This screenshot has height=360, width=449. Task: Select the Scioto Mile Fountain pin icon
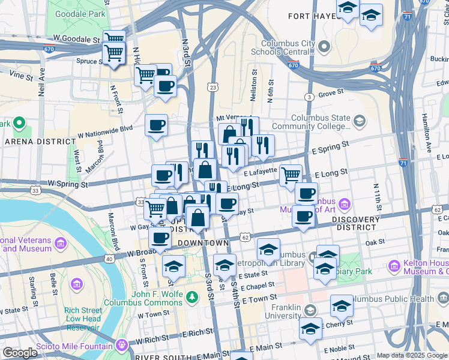pyautogui.click(x=122, y=346)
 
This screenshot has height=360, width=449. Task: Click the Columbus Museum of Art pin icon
pyautogui.click(x=345, y=204)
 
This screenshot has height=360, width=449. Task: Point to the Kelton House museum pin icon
pyautogui.click(x=394, y=265)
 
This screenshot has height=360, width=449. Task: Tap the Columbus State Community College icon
pyautogui.click(x=359, y=121)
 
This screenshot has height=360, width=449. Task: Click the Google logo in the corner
pyautogui.click(x=20, y=353)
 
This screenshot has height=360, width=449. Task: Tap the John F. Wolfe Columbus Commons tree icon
pyautogui.click(x=191, y=297)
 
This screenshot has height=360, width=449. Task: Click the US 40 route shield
pyautogui.click(x=109, y=259)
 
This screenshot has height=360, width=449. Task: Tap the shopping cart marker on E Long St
pyautogui.click(x=291, y=175)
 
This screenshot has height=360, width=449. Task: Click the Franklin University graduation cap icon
pyautogui.click(x=310, y=311)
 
